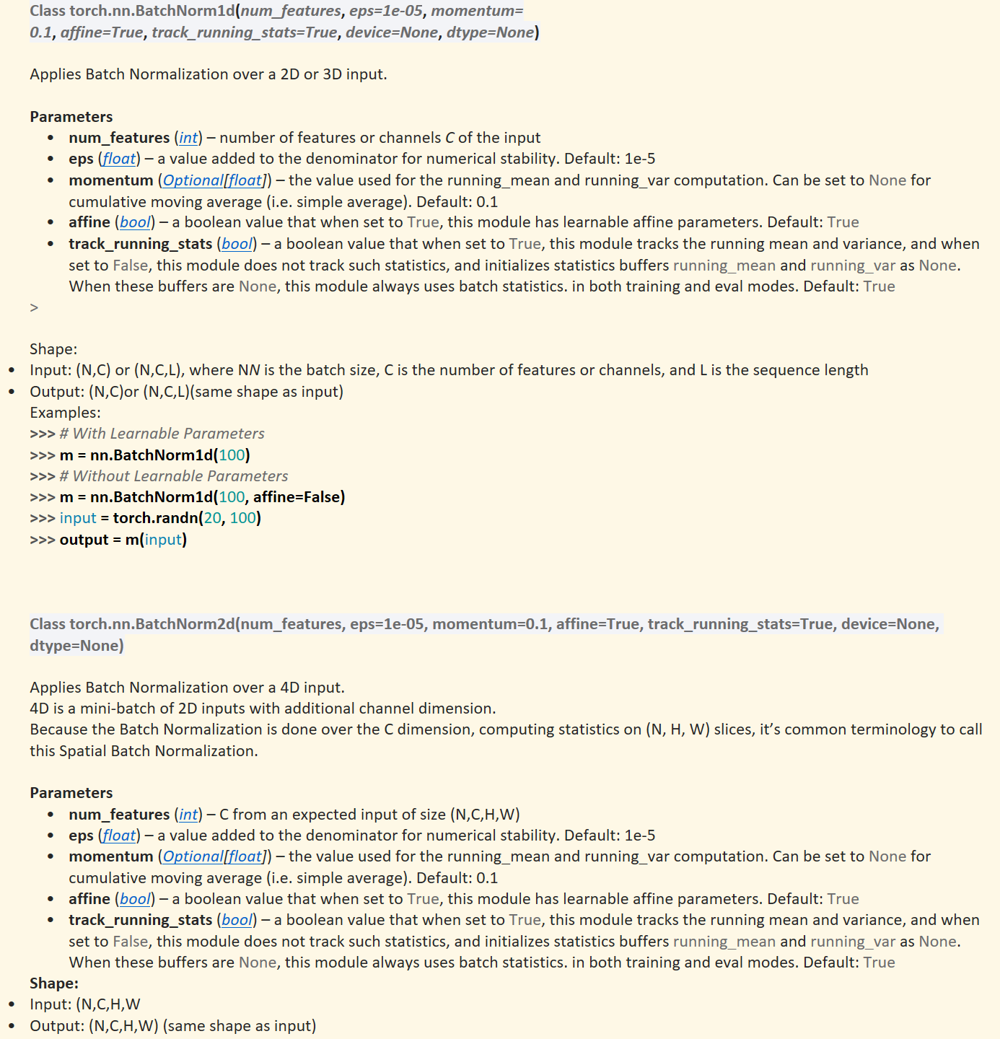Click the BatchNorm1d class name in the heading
pos(152,12)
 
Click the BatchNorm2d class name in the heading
pos(152,624)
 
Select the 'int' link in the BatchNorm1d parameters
pos(188,138)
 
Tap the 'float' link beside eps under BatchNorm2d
pos(119,836)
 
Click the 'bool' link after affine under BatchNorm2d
pos(135,899)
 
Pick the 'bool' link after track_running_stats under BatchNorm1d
pos(237,244)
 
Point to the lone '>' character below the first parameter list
pos(34,308)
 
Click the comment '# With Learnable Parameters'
pos(162,434)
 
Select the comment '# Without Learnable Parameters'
pos(173,476)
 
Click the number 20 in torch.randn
pos(212,518)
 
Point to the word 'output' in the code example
pos(84,540)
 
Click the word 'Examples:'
pos(65,413)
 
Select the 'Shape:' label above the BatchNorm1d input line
pos(53,349)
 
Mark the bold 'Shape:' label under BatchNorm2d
pos(54,983)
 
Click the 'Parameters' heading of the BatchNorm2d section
pos(71,793)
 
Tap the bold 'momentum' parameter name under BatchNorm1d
pos(110,180)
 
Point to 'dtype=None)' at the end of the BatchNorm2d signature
pos(76,646)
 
